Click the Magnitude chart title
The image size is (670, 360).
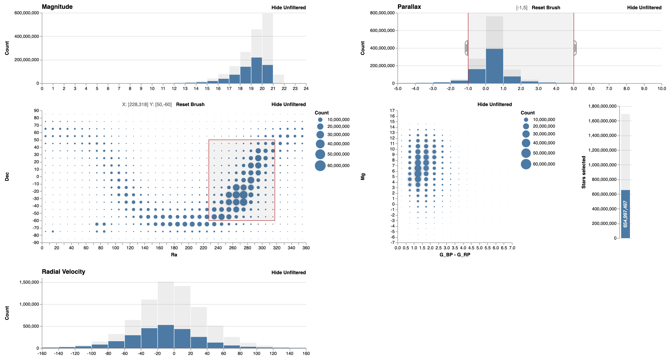click(57, 7)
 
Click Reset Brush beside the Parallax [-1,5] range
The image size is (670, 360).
click(546, 7)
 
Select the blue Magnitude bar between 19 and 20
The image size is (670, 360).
click(256, 70)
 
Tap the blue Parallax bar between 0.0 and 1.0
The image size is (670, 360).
click(494, 66)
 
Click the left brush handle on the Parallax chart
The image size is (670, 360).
click(467, 48)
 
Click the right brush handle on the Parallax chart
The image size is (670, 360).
click(575, 48)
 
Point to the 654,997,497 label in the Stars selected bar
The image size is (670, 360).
click(625, 214)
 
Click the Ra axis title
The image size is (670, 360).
click(174, 255)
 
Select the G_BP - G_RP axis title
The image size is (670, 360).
click(455, 255)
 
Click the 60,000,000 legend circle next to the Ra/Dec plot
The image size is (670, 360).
click(320, 166)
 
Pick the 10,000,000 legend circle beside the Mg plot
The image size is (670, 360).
click(526, 120)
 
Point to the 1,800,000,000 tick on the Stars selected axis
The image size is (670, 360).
click(602, 106)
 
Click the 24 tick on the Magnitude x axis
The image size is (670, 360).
click(306, 88)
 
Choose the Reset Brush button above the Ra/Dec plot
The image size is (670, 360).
click(190, 104)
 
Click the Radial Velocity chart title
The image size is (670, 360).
click(63, 272)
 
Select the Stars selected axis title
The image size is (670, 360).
click(583, 172)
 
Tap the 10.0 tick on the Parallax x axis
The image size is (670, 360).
click(662, 88)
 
